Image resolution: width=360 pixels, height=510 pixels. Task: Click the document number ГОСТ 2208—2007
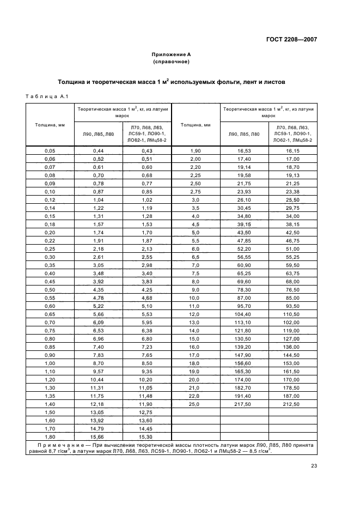[x=292, y=40]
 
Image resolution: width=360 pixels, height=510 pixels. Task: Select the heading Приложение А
[x=171, y=54]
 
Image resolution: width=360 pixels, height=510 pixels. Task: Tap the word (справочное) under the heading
[x=171, y=62]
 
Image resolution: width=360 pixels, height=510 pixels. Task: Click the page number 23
[x=314, y=465]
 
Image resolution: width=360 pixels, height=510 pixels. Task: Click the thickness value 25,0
[x=195, y=405]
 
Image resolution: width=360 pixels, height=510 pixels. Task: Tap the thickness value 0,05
[x=50, y=150]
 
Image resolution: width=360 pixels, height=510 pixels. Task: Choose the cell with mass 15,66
[x=98, y=437]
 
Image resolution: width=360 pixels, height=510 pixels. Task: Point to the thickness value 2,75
[x=195, y=192]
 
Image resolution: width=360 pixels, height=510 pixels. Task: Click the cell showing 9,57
[x=98, y=372]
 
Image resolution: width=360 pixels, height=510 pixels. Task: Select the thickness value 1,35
[x=50, y=396]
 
